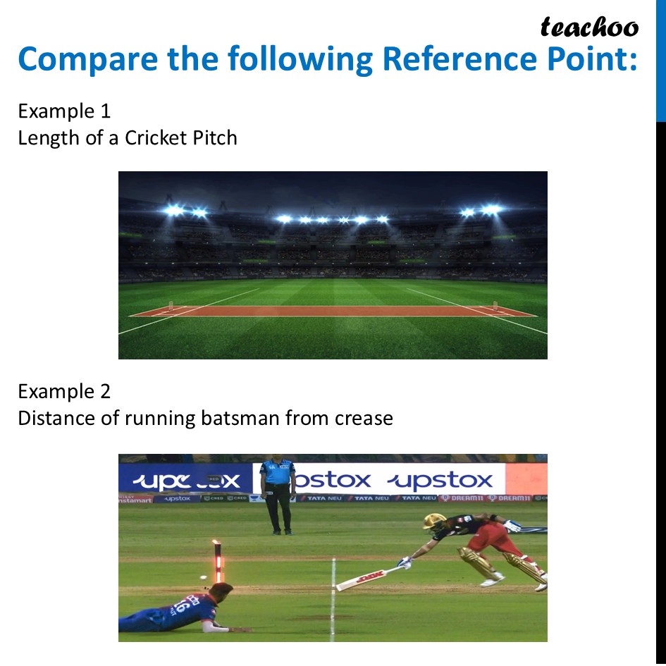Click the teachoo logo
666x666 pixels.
tap(589, 27)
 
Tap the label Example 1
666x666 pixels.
tap(64, 111)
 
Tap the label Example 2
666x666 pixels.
tap(64, 391)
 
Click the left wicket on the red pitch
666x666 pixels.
tap(171, 308)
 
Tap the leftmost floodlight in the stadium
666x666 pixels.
tap(173, 210)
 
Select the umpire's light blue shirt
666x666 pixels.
tap(277, 471)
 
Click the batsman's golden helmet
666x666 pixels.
tap(434, 522)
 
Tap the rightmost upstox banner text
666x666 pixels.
tap(442, 481)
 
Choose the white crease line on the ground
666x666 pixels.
tap(333, 599)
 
